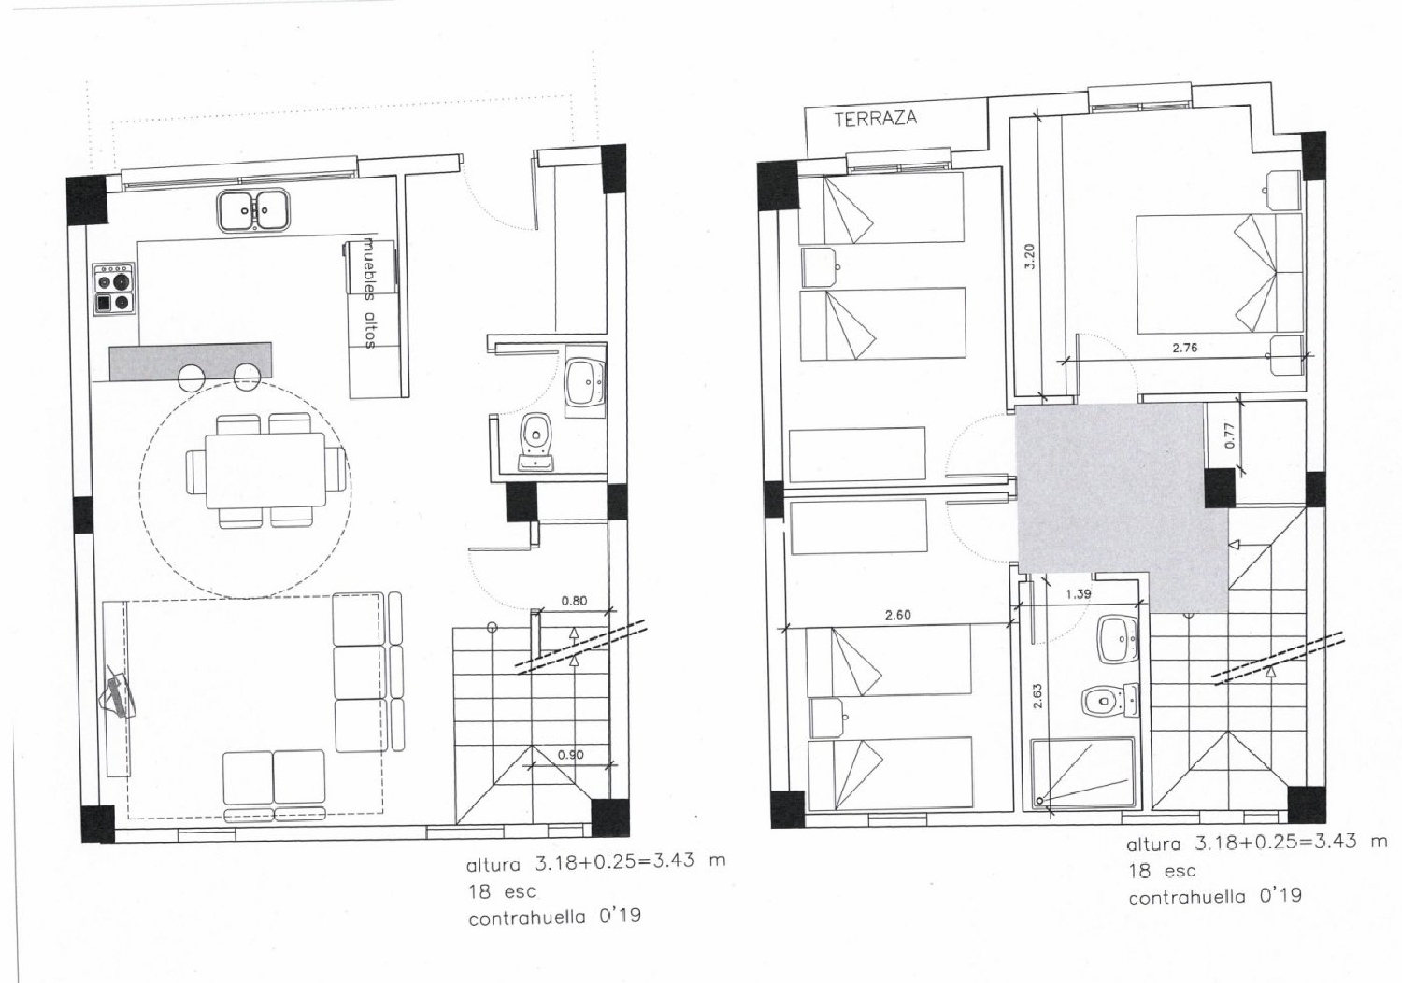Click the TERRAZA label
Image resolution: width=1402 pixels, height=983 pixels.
(x=875, y=119)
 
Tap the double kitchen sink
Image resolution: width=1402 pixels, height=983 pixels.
(x=253, y=211)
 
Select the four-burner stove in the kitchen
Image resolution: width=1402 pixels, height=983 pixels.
(x=114, y=289)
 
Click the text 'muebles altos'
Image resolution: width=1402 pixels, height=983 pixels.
(x=370, y=292)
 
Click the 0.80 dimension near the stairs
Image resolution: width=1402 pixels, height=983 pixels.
(x=574, y=601)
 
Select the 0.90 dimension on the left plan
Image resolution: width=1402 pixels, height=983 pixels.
(x=571, y=755)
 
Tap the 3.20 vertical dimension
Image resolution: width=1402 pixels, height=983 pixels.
(x=1030, y=256)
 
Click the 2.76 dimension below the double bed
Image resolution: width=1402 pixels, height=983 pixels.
(x=1185, y=348)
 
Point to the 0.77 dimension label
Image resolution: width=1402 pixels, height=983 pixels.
(x=1229, y=435)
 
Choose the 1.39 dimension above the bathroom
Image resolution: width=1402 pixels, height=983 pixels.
(x=1079, y=594)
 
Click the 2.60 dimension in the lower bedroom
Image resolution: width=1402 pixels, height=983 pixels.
(x=897, y=615)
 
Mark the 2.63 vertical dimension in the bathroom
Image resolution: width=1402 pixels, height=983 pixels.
(x=1037, y=695)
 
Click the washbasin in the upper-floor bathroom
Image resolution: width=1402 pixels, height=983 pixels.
(x=1118, y=639)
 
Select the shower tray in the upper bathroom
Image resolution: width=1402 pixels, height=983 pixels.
(x=1082, y=774)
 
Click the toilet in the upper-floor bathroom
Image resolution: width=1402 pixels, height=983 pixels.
(x=1109, y=700)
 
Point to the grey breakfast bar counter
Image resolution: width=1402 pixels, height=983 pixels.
(x=191, y=361)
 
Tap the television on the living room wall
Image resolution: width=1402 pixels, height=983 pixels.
(x=119, y=693)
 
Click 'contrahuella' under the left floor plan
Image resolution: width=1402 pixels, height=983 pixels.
(x=527, y=918)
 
